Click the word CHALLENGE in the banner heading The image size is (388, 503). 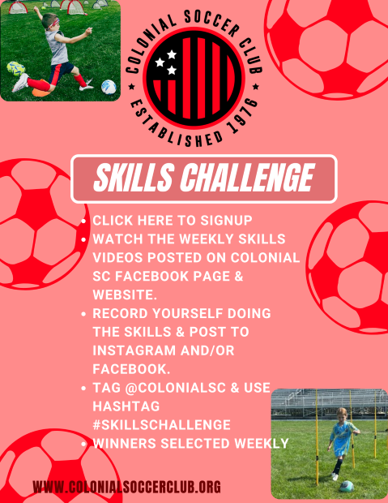coord(247,178)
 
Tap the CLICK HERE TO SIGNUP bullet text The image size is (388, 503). coord(173,221)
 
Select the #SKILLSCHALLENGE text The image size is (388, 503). coord(161,425)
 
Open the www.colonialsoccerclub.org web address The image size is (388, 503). coord(127,487)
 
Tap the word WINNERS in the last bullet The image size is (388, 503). coord(124,443)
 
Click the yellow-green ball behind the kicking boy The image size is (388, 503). coord(15,68)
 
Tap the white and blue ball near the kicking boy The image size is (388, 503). coord(109,87)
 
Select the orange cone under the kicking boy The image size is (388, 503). coord(41,92)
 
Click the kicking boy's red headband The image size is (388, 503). coord(53,24)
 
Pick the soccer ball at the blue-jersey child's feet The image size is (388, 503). coord(347,486)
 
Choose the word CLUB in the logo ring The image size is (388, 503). coord(251,57)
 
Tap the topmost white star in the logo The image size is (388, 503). coord(172,55)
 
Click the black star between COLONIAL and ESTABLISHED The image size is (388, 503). coord(131,86)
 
